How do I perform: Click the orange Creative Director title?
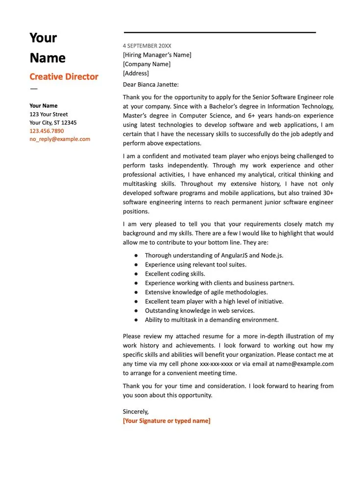[x=64, y=76]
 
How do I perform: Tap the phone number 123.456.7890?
[x=47, y=131]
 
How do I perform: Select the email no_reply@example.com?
[x=60, y=139]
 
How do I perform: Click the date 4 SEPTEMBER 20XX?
[x=147, y=46]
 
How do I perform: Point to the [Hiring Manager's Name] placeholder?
[x=157, y=55]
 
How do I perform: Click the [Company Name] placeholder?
[x=146, y=64]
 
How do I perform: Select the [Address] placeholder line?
[x=136, y=73]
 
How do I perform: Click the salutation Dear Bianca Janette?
[x=151, y=84]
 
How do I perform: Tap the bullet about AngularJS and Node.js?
[x=214, y=255]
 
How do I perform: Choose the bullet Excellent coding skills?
[x=175, y=274]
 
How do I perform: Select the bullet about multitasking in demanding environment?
[x=212, y=320]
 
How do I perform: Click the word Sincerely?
[x=136, y=411]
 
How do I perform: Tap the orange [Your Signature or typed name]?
[x=167, y=421]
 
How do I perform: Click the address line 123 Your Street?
[x=48, y=114]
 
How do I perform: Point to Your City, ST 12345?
[x=53, y=122]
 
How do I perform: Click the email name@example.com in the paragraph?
[x=304, y=364]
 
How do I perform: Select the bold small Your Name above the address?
[x=43, y=106]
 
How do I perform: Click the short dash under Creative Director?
[x=33, y=89]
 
